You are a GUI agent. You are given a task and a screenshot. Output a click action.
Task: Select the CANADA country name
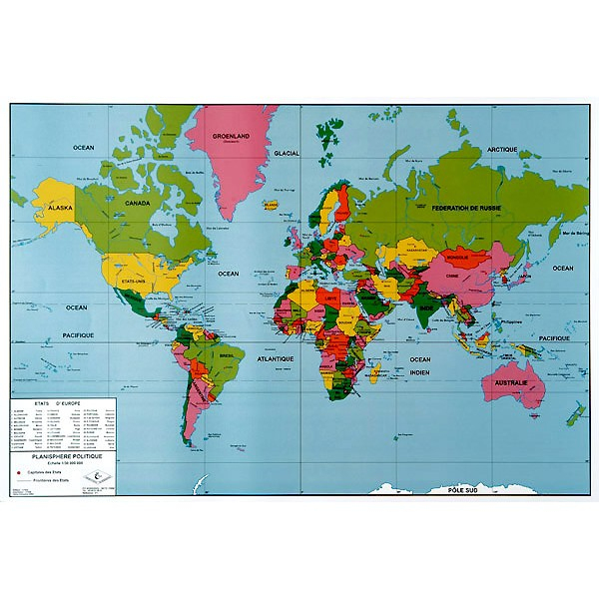[136, 203]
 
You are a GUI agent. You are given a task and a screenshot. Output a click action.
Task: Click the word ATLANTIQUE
[276, 357]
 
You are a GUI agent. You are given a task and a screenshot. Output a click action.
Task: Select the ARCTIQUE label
[501, 149]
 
